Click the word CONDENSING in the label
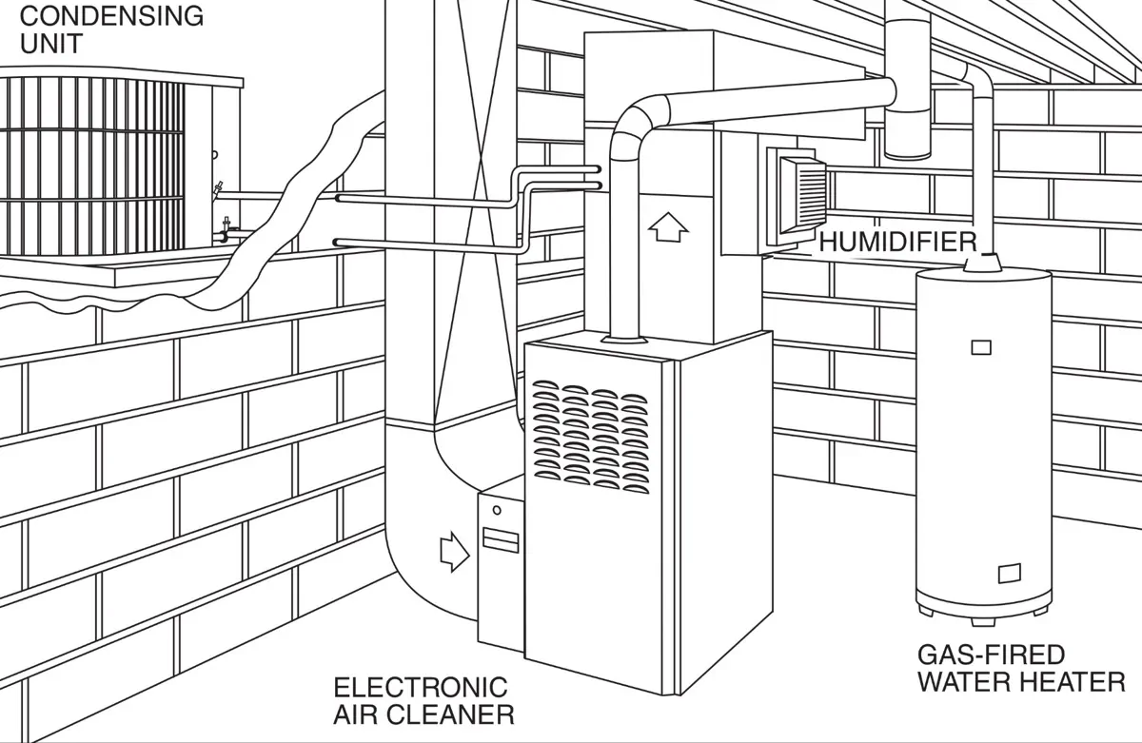coord(111,16)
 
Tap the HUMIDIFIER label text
coord(897,242)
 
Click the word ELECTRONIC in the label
coord(421,688)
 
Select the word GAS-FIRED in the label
coord(991,655)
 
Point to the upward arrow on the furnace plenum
coord(668,227)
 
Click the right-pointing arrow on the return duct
coord(455,553)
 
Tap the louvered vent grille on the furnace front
coord(591,437)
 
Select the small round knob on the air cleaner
coord(497,510)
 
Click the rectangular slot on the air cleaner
coord(501,540)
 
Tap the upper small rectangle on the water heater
coord(981,347)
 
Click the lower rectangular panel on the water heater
coord(1009,574)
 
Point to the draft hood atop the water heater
coord(982,263)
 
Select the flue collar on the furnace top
coord(624,340)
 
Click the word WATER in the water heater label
coord(964,682)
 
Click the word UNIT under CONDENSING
coord(51,44)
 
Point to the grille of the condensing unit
coord(91,166)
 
